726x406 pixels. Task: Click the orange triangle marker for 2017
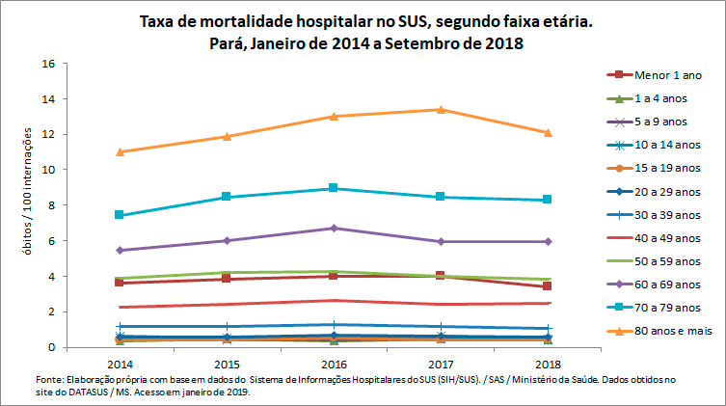coord(440,109)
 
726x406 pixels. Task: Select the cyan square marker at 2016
coord(333,188)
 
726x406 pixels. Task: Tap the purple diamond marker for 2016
coord(333,228)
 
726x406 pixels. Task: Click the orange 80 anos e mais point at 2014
coord(120,151)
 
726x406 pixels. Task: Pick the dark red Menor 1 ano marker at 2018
coord(548,286)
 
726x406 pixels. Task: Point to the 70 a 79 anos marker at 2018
coord(548,200)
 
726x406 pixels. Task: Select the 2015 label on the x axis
coord(227,365)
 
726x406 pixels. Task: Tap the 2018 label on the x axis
coord(547,365)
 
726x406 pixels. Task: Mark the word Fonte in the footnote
coord(46,380)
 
